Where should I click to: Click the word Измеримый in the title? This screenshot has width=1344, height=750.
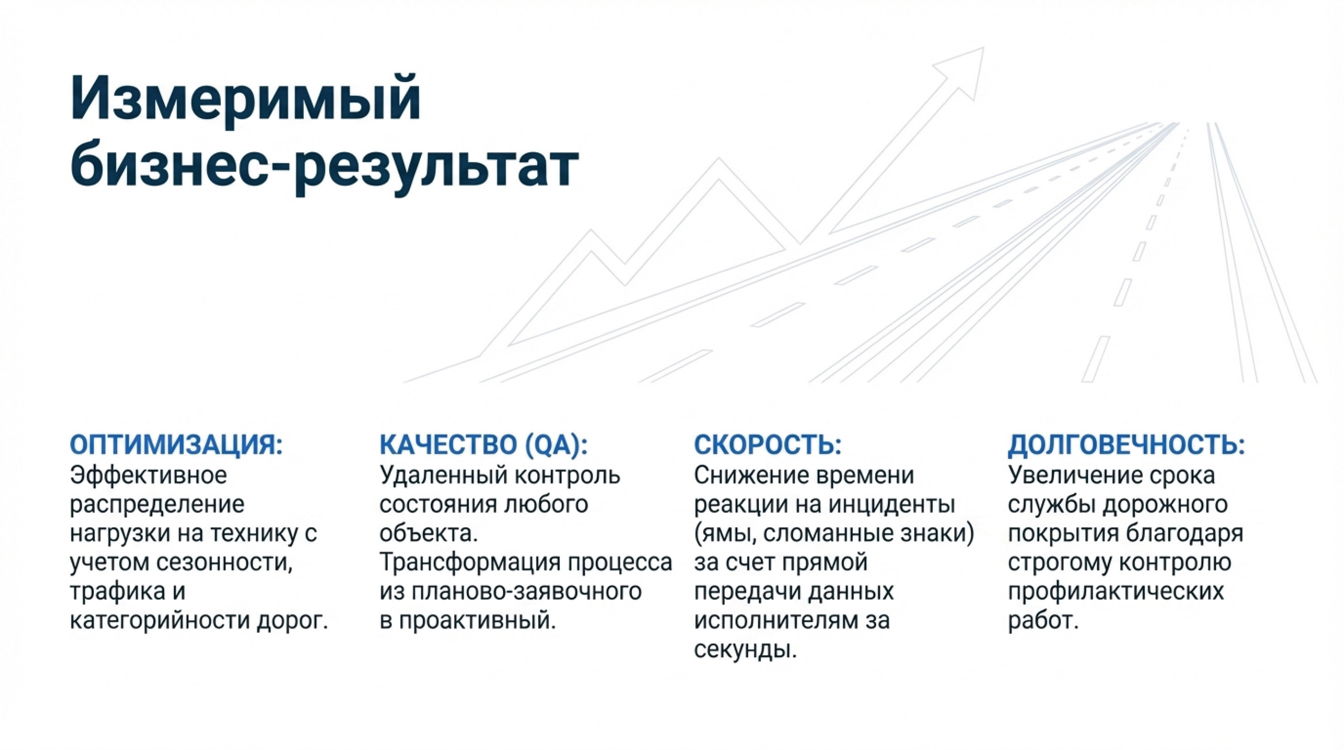click(x=245, y=99)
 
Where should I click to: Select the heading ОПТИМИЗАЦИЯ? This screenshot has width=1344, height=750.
click(x=176, y=445)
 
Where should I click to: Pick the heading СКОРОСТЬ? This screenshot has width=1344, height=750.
click(x=767, y=445)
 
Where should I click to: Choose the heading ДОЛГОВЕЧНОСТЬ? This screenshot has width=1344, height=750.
click(x=1126, y=445)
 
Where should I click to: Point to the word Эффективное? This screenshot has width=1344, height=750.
click(x=149, y=475)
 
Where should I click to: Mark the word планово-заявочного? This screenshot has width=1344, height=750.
click(x=526, y=592)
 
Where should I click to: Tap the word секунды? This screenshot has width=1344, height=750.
click(x=745, y=650)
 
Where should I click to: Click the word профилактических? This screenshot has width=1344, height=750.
click(x=1116, y=592)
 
